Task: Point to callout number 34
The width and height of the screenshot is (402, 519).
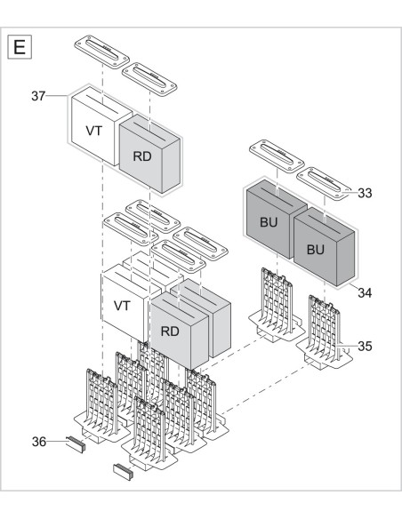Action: point(365,291)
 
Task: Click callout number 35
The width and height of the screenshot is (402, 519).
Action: point(365,345)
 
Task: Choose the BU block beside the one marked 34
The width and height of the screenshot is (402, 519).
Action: point(268,222)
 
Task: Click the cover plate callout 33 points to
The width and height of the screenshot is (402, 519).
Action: point(320,180)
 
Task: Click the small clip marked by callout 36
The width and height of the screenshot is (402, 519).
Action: point(75,442)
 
